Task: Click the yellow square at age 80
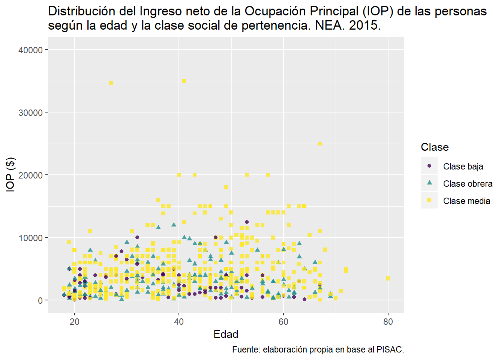388,278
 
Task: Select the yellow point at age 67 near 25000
320,144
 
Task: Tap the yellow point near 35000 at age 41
184,81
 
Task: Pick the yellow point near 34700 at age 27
111,83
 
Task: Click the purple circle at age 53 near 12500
247,222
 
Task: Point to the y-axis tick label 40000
30,50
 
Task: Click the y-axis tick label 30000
30,112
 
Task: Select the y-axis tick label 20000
30,175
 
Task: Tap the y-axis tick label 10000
30,238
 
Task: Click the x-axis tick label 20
75,321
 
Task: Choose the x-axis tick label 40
179,321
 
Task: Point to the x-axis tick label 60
283,321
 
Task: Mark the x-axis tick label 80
388,321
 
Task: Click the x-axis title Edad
226,334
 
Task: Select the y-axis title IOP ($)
10,175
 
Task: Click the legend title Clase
435,147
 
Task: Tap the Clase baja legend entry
463,166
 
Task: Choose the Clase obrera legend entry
468,183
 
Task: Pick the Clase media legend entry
466,201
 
